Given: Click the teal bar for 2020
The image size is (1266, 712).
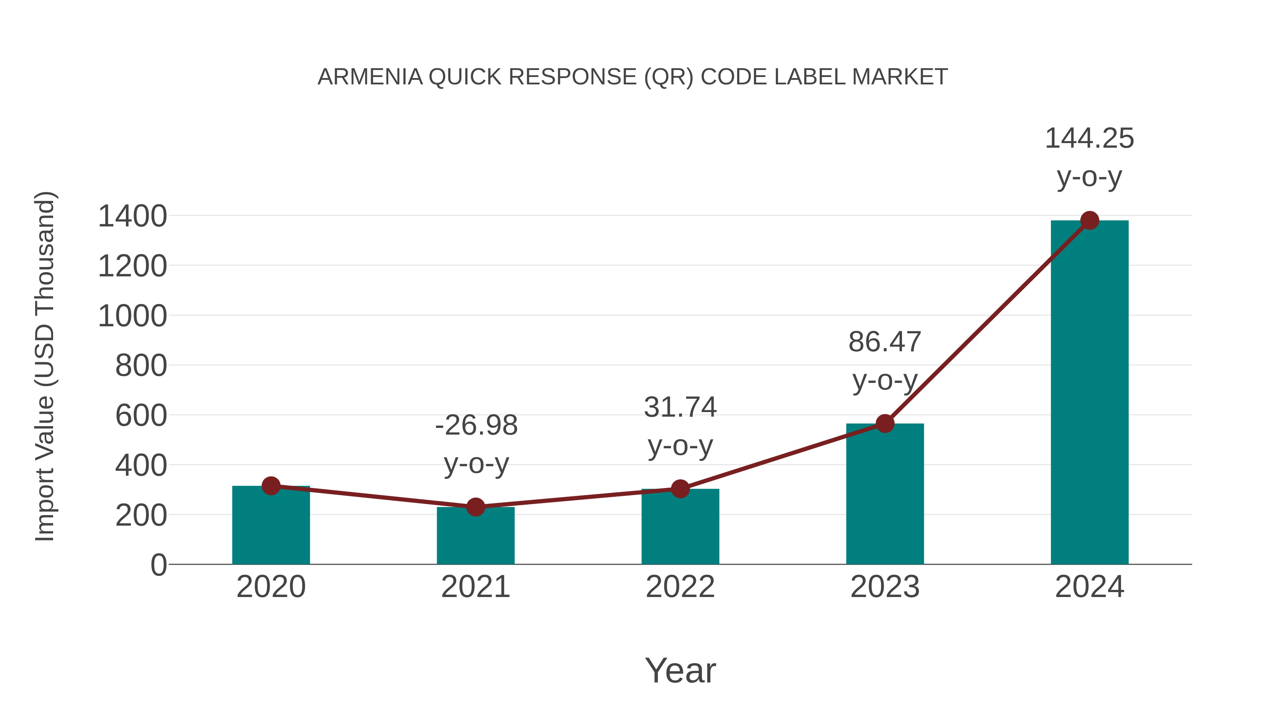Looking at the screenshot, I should pos(271,526).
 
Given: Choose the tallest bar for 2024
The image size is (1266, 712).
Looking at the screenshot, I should pos(1089,393).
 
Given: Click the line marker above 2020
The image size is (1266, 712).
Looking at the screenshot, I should pos(271,486).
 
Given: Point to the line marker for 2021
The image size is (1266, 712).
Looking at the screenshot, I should pos(475,507).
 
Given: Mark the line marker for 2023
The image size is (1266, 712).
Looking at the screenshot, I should pos(885,423).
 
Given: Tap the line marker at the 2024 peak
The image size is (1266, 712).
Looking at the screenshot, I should pos(1089,220).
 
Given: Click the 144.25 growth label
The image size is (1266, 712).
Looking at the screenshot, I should pos(1089,139).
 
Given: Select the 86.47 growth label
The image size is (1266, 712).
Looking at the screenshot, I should pos(885,342).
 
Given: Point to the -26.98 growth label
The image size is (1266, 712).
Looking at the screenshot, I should pos(476,425).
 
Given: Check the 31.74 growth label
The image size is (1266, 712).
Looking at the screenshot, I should pos(680,408).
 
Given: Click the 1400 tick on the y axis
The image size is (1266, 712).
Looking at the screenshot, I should pos(133,216).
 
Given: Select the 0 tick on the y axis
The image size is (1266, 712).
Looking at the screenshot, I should pos(159,565).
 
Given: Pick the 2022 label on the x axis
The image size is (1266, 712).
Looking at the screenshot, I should pos(680,587).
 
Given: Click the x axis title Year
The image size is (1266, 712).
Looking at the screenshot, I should pos(680,671).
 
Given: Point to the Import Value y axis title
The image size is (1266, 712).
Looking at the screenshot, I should pos(45,366).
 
